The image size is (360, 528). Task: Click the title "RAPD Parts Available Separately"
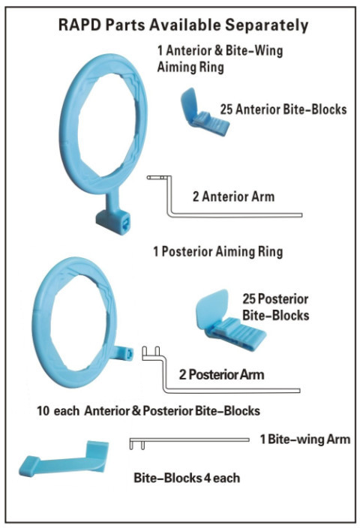(x=183, y=25)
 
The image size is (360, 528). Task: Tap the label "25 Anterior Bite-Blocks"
(x=283, y=109)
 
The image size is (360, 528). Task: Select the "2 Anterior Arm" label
(x=234, y=196)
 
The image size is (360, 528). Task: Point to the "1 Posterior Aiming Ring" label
(x=218, y=252)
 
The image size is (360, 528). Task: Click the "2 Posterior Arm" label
(x=221, y=374)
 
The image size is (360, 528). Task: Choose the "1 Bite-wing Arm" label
(x=305, y=439)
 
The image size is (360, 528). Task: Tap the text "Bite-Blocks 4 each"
(x=187, y=478)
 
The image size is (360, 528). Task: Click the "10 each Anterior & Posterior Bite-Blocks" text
(x=148, y=411)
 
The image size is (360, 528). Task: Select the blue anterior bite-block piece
(x=205, y=112)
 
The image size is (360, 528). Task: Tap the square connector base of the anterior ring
(x=113, y=222)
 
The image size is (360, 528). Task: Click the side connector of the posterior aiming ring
(x=123, y=353)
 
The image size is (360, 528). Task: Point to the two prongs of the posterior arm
(x=151, y=351)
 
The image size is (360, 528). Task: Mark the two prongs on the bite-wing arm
(x=137, y=445)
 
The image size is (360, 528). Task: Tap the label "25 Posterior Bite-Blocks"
(x=276, y=307)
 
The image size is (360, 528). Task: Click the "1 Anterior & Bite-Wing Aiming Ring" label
(x=220, y=58)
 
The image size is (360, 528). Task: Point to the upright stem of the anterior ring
(x=112, y=199)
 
